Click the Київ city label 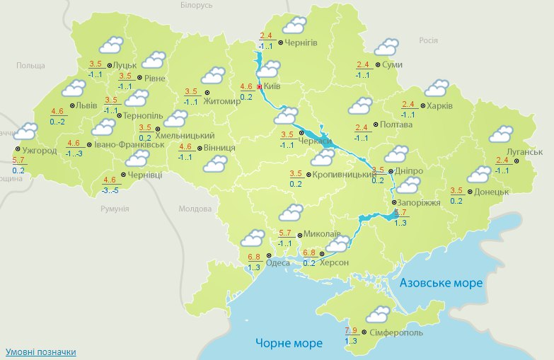tap(272, 86)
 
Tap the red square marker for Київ tap(259, 86)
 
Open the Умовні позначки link tap(40, 352)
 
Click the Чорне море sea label tap(289, 343)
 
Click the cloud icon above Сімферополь tap(378, 314)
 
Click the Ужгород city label tap(39, 150)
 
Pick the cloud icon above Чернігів tap(294, 25)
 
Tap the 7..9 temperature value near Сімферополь tap(351, 330)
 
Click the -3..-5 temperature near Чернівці tap(109, 190)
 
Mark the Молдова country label tap(195, 209)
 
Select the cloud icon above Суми tap(386, 47)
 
